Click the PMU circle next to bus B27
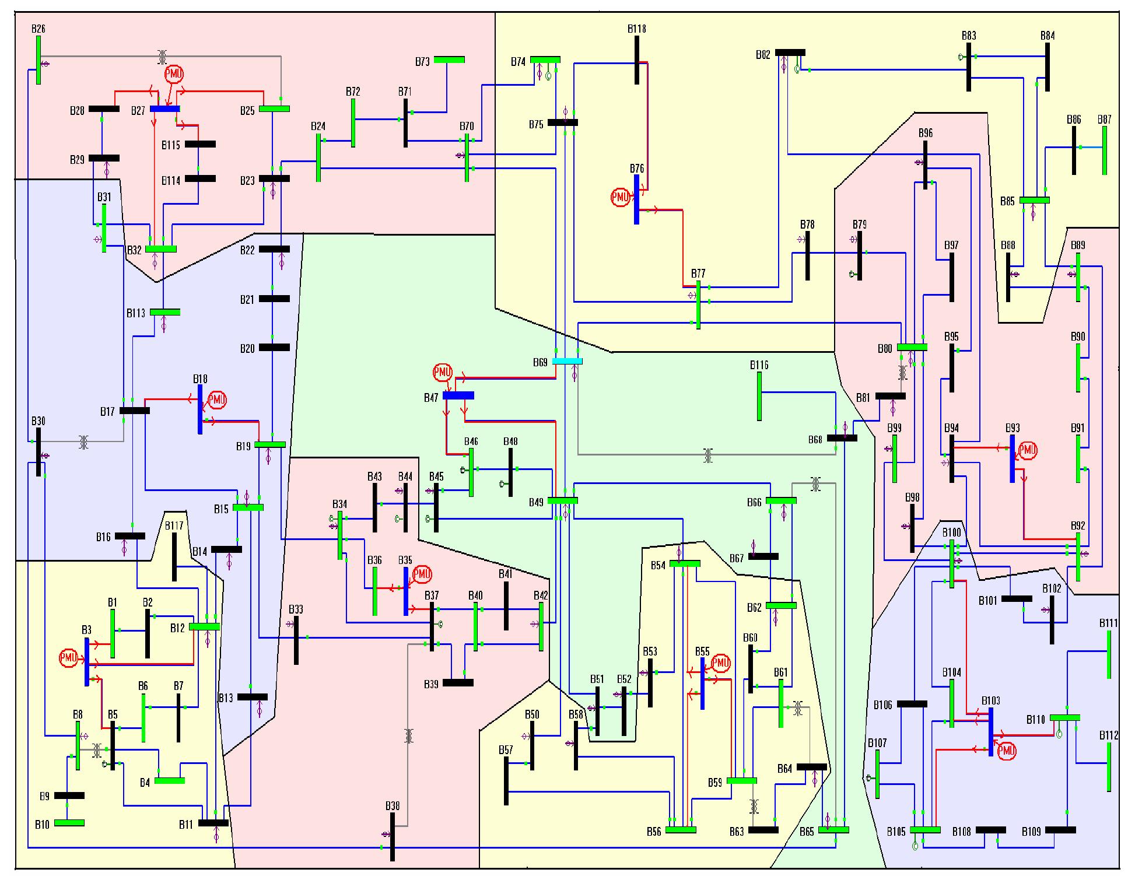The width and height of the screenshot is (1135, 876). click(174, 74)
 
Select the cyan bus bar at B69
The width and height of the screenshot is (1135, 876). click(567, 362)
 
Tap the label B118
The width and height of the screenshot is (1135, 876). click(636, 29)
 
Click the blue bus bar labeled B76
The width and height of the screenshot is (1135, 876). click(636, 199)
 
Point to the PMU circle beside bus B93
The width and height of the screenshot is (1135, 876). click(1027, 450)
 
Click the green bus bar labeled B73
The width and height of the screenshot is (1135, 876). click(449, 59)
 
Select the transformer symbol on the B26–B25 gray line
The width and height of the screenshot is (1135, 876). click(162, 57)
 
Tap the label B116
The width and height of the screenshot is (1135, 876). click(759, 365)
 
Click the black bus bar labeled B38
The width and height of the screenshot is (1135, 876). click(393, 836)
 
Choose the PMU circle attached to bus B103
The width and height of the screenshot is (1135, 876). click(1007, 752)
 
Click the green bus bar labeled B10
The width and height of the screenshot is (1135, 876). click(69, 823)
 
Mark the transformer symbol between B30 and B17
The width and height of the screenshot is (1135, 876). click(84, 441)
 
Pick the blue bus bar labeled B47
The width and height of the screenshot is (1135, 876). click(458, 395)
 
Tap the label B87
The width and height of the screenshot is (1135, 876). click(1104, 120)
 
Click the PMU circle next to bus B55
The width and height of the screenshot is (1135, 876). click(721, 663)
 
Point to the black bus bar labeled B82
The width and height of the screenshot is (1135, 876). click(790, 52)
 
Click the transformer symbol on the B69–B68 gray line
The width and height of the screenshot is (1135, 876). click(707, 454)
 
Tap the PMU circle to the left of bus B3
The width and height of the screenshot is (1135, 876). click(68, 658)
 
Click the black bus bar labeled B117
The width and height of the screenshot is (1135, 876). click(174, 556)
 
